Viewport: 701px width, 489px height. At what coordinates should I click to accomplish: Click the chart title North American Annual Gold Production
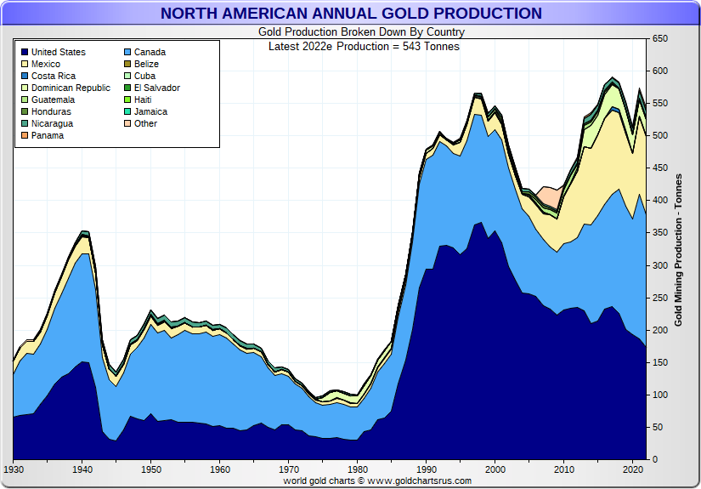(x=351, y=14)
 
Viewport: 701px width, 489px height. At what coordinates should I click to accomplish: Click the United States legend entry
(x=58, y=53)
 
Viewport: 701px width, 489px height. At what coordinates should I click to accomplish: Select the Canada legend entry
(x=150, y=53)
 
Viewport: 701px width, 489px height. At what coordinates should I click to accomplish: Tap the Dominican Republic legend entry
(x=71, y=88)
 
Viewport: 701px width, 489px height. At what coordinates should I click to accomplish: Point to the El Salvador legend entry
(x=156, y=88)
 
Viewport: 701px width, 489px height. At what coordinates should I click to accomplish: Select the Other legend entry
(x=145, y=124)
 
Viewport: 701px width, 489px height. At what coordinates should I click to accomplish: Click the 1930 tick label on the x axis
(x=14, y=469)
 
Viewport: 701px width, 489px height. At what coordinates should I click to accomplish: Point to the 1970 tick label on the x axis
(x=289, y=469)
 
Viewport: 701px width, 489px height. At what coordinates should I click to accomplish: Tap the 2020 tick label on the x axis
(x=632, y=469)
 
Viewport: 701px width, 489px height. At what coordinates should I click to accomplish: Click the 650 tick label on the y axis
(x=659, y=39)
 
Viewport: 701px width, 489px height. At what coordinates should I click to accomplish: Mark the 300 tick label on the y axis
(x=659, y=266)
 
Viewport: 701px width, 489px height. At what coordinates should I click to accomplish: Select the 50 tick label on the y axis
(x=656, y=428)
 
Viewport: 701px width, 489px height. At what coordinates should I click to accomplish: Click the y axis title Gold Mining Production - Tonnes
(x=678, y=250)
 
